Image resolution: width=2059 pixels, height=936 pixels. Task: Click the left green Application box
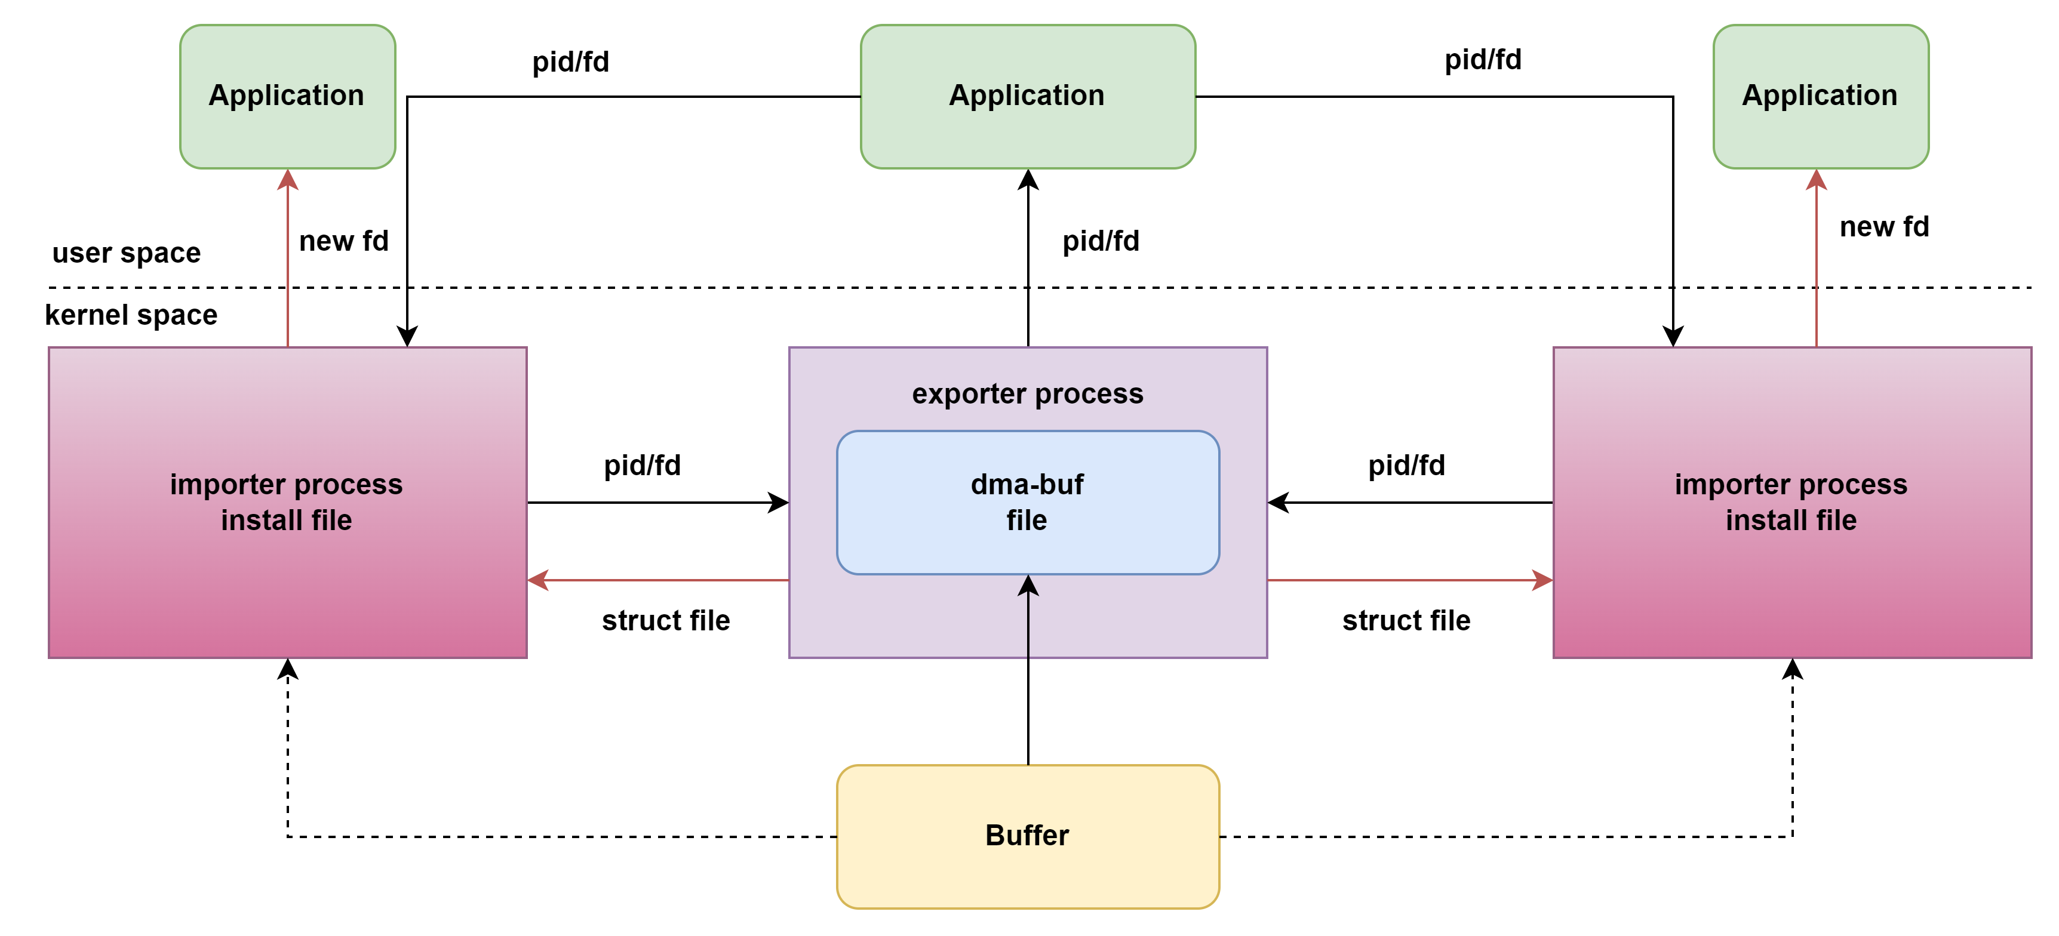click(288, 97)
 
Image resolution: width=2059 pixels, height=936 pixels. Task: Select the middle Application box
click(1027, 97)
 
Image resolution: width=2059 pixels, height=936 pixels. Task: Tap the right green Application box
click(1820, 97)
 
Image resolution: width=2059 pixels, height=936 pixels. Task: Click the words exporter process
click(1027, 393)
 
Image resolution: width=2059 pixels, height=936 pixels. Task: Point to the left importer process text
click(286, 484)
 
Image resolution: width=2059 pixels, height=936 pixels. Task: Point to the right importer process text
click(1790, 484)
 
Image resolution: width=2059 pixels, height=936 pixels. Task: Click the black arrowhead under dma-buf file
click(1028, 586)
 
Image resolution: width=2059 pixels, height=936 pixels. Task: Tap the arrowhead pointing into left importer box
click(539, 580)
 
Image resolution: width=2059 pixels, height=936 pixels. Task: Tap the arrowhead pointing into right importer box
click(1542, 580)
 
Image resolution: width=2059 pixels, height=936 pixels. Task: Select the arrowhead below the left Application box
click(288, 181)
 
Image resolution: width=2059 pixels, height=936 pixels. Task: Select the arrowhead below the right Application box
click(1817, 181)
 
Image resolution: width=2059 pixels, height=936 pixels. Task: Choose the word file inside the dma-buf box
click(1027, 521)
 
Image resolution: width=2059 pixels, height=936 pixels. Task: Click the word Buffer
click(1027, 835)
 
